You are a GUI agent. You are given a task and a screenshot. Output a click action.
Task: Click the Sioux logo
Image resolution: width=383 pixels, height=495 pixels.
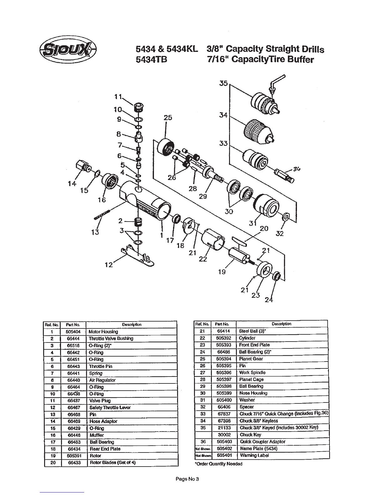[68, 50]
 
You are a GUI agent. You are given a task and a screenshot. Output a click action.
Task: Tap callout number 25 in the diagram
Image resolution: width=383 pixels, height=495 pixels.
[168, 117]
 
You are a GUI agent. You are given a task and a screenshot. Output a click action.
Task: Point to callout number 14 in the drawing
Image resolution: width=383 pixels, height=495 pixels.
[72, 184]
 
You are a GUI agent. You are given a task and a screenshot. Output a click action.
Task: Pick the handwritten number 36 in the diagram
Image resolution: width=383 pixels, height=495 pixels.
[297, 169]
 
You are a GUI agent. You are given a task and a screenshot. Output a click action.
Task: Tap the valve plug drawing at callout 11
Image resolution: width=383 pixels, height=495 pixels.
[138, 107]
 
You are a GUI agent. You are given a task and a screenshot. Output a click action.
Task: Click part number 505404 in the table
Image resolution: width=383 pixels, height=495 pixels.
[72, 332]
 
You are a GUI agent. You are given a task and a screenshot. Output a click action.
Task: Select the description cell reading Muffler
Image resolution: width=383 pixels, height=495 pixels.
[97, 435]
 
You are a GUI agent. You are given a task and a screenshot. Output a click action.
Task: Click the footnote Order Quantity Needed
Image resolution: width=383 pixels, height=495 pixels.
[218, 464]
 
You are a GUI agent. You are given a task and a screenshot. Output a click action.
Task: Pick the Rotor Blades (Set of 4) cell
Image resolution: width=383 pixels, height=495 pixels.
[112, 462]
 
